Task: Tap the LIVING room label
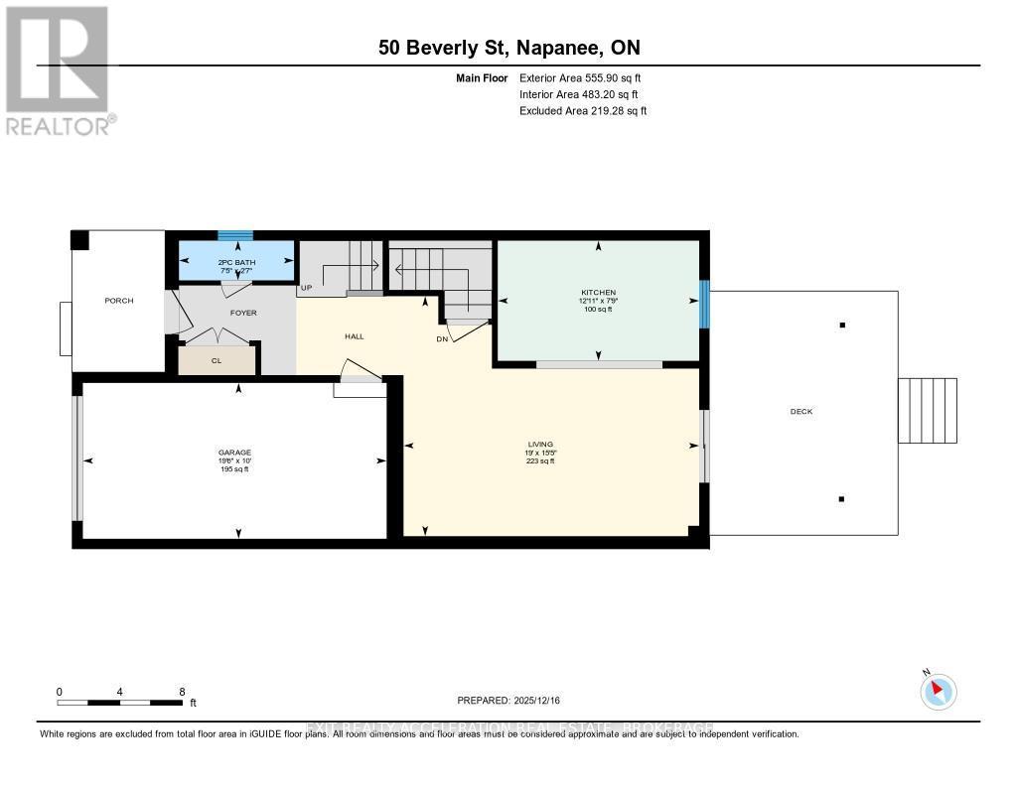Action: pyautogui.click(x=540, y=444)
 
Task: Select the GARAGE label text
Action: pyautogui.click(x=235, y=453)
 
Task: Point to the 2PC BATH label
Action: pyautogui.click(x=236, y=261)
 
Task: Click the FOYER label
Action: pyautogui.click(x=243, y=313)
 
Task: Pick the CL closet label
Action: pyautogui.click(x=217, y=361)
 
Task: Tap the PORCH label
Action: pyautogui.click(x=118, y=301)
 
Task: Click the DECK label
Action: pyautogui.click(x=802, y=411)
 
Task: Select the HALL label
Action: pyautogui.click(x=354, y=336)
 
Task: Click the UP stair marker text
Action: pyautogui.click(x=306, y=288)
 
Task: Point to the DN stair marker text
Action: pyautogui.click(x=442, y=338)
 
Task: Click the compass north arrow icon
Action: pyautogui.click(x=938, y=691)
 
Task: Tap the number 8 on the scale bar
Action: pyautogui.click(x=182, y=691)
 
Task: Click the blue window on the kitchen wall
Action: pyautogui.click(x=704, y=304)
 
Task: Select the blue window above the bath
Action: pyautogui.click(x=235, y=235)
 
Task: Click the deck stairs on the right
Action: pyautogui.click(x=928, y=410)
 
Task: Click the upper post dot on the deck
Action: pyautogui.click(x=842, y=325)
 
